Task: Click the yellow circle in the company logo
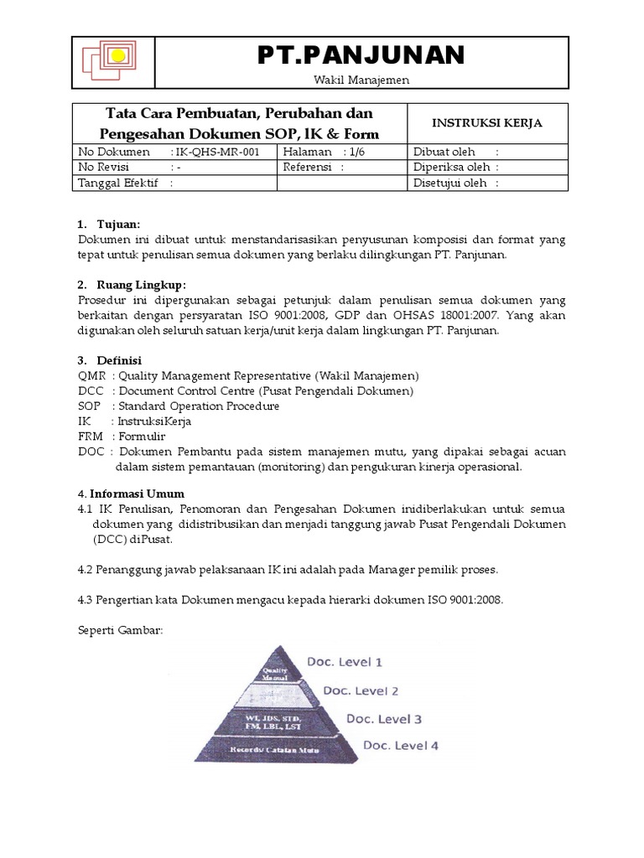pyautogui.click(x=118, y=57)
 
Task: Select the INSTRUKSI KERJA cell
pyautogui.click(x=486, y=123)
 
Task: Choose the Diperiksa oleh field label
pyautogui.click(x=451, y=168)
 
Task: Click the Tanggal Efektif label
pyautogui.click(x=118, y=183)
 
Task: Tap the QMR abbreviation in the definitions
pyautogui.click(x=90, y=375)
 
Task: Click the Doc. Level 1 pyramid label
pyautogui.click(x=344, y=662)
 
